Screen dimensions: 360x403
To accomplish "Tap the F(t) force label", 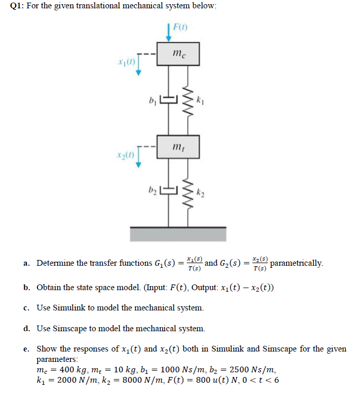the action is [179, 26].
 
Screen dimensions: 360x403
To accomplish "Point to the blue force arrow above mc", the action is [169, 31].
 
